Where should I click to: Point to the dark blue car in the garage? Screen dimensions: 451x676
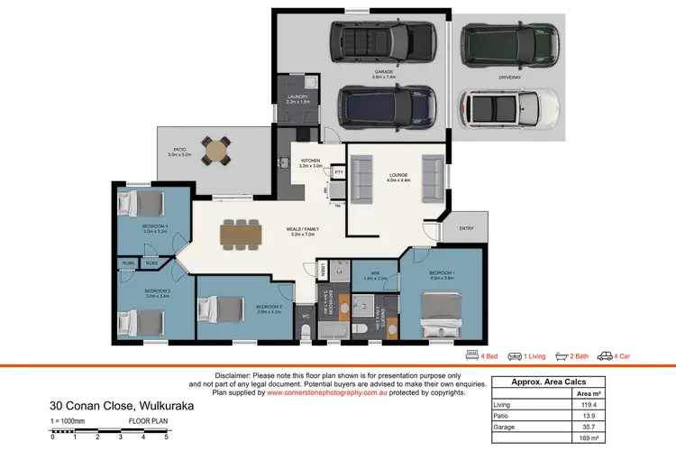(x=387, y=106)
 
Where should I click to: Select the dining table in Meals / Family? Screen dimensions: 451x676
(x=241, y=234)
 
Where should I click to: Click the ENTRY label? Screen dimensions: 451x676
(x=466, y=228)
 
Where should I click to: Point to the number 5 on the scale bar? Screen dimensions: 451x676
(x=166, y=437)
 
